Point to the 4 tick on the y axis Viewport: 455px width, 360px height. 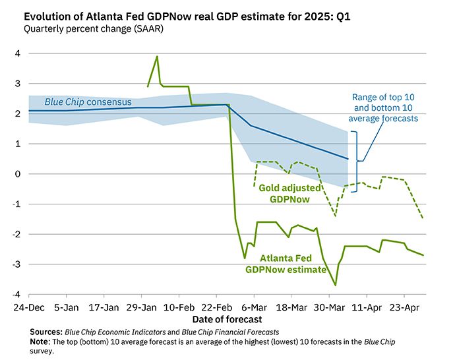(x=17, y=53)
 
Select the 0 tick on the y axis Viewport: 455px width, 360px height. (x=17, y=174)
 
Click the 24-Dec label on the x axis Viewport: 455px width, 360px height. (x=28, y=307)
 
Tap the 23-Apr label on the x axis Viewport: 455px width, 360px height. (x=404, y=307)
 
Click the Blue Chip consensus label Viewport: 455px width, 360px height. (x=88, y=102)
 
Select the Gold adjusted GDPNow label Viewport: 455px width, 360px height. (x=289, y=193)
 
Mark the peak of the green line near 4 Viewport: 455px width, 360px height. (x=157, y=56)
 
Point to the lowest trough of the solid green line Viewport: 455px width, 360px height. (x=336, y=285)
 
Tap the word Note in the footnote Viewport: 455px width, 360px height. (x=40, y=342)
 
